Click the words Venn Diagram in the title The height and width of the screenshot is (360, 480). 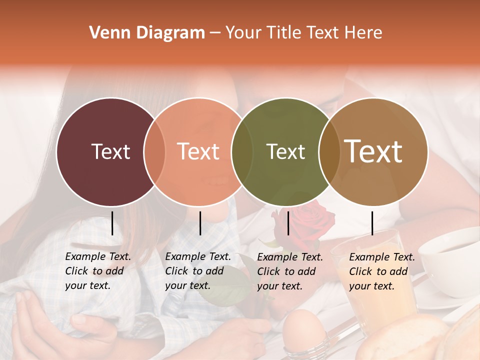coord(147,33)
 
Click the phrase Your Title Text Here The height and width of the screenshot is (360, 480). coord(303,33)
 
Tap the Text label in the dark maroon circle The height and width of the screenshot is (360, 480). coord(110,152)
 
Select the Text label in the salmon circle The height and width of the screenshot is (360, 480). coord(198,152)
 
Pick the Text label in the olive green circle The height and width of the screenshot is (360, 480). coord(285,152)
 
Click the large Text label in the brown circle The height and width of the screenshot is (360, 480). coord(373,151)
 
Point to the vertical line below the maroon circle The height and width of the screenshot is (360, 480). coord(112,223)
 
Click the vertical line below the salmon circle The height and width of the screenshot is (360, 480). coord(200,223)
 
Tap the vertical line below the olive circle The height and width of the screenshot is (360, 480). coord(288,223)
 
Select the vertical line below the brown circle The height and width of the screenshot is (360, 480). coord(372,223)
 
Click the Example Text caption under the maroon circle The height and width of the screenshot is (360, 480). coord(98,271)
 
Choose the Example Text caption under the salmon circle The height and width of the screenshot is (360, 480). coord(198,271)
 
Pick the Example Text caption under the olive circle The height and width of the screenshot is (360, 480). coord(290,271)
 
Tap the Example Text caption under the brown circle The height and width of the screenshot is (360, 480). coord(382,271)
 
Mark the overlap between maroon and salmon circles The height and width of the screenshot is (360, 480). coord(154,152)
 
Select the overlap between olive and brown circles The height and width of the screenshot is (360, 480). coord(329,152)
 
